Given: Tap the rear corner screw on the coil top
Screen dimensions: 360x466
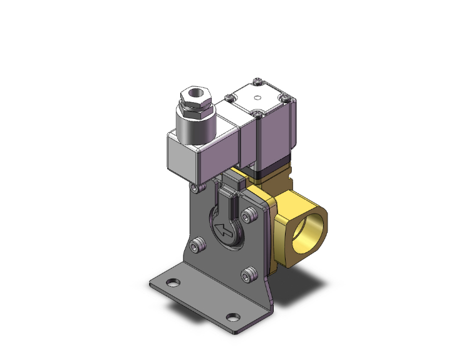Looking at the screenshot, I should pyautogui.click(x=259, y=81).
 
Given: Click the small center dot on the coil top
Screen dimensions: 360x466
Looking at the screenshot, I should pyautogui.click(x=258, y=98).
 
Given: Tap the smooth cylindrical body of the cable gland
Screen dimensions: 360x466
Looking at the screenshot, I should pyautogui.click(x=194, y=128).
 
